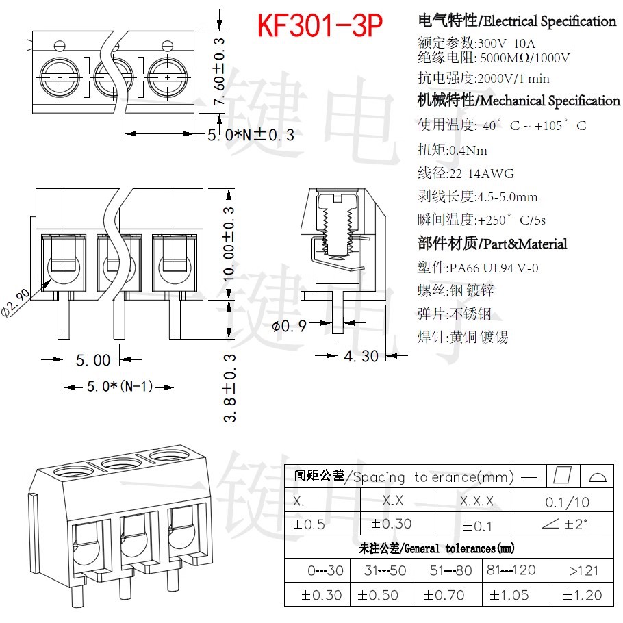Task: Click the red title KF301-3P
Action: pos(320,25)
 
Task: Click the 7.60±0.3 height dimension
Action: pos(219,72)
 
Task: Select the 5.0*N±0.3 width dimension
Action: pos(251,135)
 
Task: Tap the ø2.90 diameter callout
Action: pos(16,303)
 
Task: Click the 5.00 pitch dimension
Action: pos(93,360)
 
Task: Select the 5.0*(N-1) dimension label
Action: pos(120,386)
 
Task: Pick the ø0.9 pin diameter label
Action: pos(289,326)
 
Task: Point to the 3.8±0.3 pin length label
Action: pos(229,387)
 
